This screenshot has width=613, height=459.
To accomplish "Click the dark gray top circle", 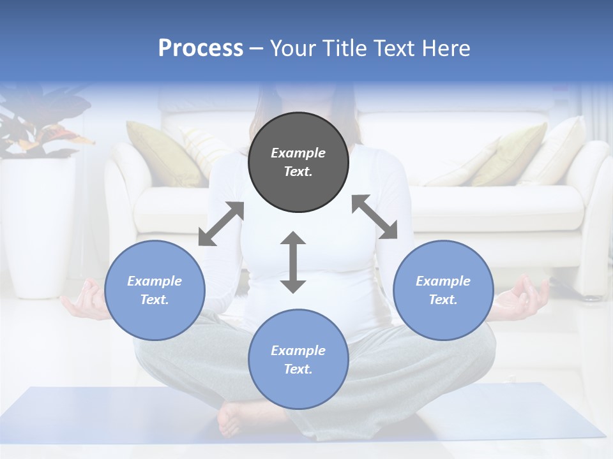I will tap(298, 162).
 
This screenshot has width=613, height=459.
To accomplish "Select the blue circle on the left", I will tap(155, 290).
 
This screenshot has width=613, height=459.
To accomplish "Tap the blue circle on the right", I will tap(443, 290).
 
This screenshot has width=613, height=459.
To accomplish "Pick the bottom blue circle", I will tap(298, 360).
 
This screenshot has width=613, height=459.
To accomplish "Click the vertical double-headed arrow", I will tap(293, 262).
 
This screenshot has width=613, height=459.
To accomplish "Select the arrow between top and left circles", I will tap(221, 224).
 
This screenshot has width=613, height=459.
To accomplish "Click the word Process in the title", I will tap(201, 48).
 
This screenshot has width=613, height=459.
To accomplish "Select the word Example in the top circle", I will tap(298, 153).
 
